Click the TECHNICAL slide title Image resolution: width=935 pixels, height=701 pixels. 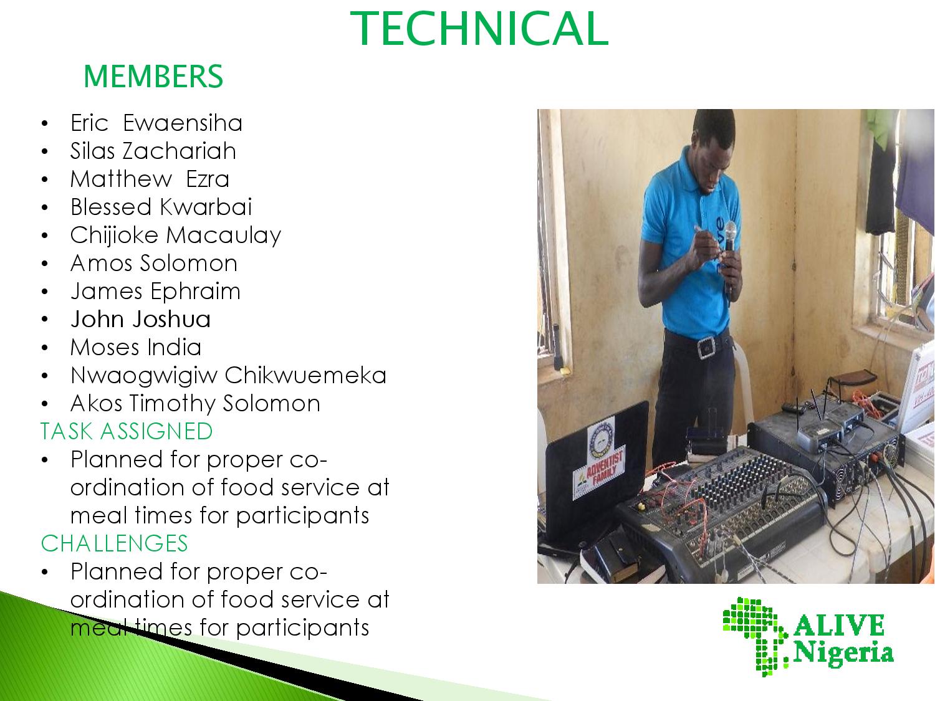(479, 29)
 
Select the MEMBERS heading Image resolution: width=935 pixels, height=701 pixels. (153, 77)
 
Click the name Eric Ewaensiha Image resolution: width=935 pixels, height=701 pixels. (156, 123)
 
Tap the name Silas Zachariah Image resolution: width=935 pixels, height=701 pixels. (153, 151)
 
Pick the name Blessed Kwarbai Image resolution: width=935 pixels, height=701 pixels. (161, 207)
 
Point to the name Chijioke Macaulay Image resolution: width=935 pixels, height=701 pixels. (176, 236)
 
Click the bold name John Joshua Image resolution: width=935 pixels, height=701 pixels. (141, 319)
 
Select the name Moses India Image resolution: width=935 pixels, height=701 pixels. (135, 347)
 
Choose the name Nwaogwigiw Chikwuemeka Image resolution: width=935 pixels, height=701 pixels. (228, 376)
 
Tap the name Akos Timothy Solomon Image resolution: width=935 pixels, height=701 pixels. (195, 404)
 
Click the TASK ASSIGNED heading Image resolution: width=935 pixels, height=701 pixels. (127, 431)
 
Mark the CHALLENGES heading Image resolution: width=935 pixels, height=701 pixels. (114, 543)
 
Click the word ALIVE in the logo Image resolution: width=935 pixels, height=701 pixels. (838, 625)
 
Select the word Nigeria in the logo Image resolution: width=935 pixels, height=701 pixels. (843, 652)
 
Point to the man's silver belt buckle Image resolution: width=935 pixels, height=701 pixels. (707, 347)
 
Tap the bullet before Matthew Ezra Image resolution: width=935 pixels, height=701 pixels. (45, 179)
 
